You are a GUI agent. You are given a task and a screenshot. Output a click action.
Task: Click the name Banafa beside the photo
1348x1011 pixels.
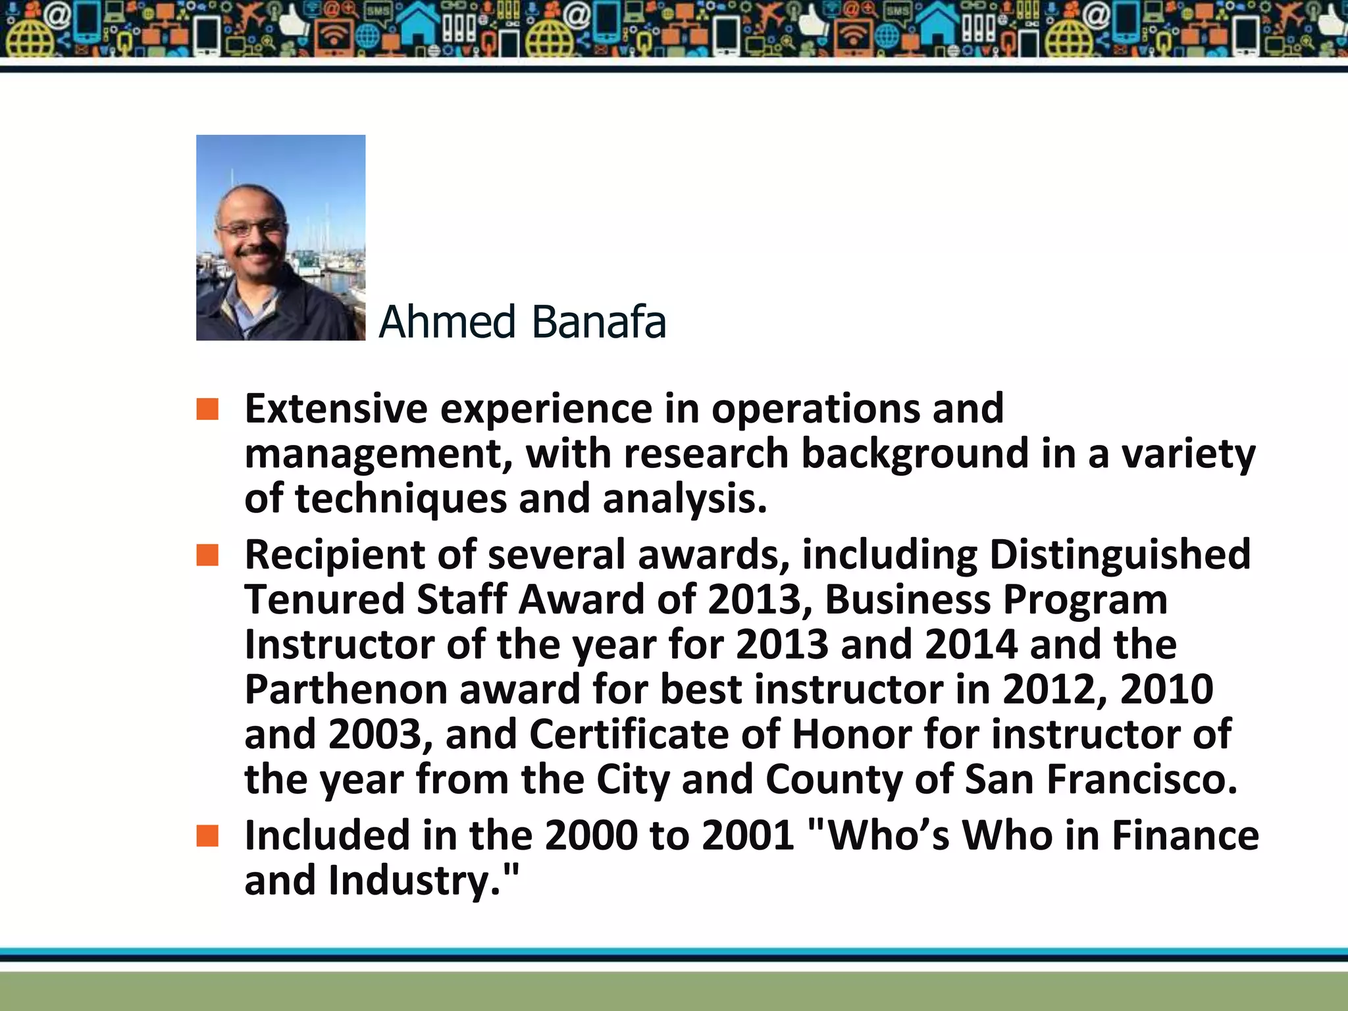(598, 322)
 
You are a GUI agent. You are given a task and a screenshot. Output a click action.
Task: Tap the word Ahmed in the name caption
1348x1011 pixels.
(447, 322)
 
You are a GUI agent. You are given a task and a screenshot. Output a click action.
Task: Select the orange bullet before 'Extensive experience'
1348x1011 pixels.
(207, 409)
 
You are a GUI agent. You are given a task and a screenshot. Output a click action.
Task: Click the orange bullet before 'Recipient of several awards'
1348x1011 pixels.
(207, 555)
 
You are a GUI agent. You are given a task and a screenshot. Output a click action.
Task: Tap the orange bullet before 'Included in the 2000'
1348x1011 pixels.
(207, 836)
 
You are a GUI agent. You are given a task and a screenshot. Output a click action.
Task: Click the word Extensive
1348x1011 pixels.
(336, 409)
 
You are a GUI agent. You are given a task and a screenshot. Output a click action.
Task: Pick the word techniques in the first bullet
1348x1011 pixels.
(401, 498)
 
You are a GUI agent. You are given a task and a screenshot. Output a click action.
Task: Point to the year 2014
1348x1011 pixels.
(971, 644)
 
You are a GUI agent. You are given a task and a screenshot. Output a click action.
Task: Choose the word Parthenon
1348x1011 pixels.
(346, 689)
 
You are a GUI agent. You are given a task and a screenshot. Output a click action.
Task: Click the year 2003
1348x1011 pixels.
(375, 734)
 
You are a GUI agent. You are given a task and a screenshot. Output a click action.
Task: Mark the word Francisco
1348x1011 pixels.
(1141, 779)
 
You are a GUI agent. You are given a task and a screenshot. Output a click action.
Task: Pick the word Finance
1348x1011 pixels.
(1185, 836)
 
